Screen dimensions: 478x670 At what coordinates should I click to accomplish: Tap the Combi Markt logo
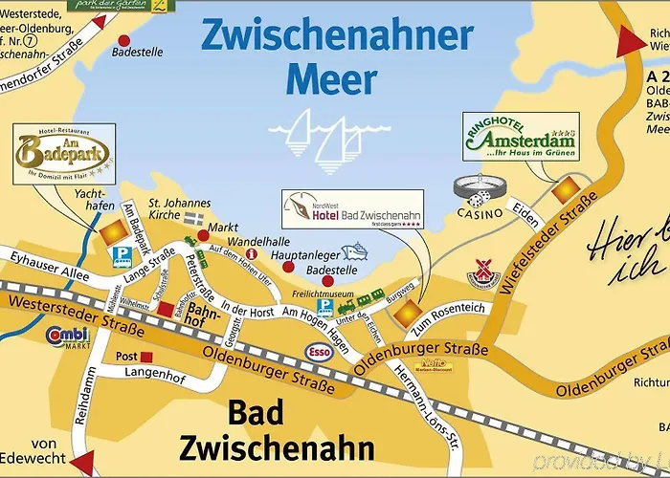[68, 337]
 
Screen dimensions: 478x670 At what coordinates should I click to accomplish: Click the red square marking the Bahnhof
[167, 309]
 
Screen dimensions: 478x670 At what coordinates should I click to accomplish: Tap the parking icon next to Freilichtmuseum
[325, 308]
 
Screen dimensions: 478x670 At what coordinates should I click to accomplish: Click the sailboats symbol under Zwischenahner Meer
[315, 135]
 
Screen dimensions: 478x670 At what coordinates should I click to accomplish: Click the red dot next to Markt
[202, 234]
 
